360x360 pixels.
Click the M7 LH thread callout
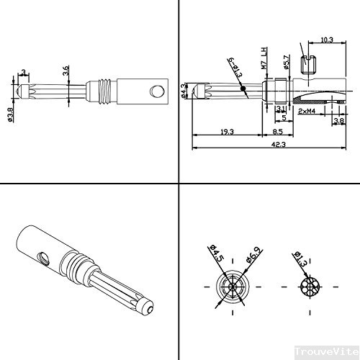pyautogui.click(x=264, y=57)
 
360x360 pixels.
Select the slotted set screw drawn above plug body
pyautogui.click(x=310, y=61)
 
